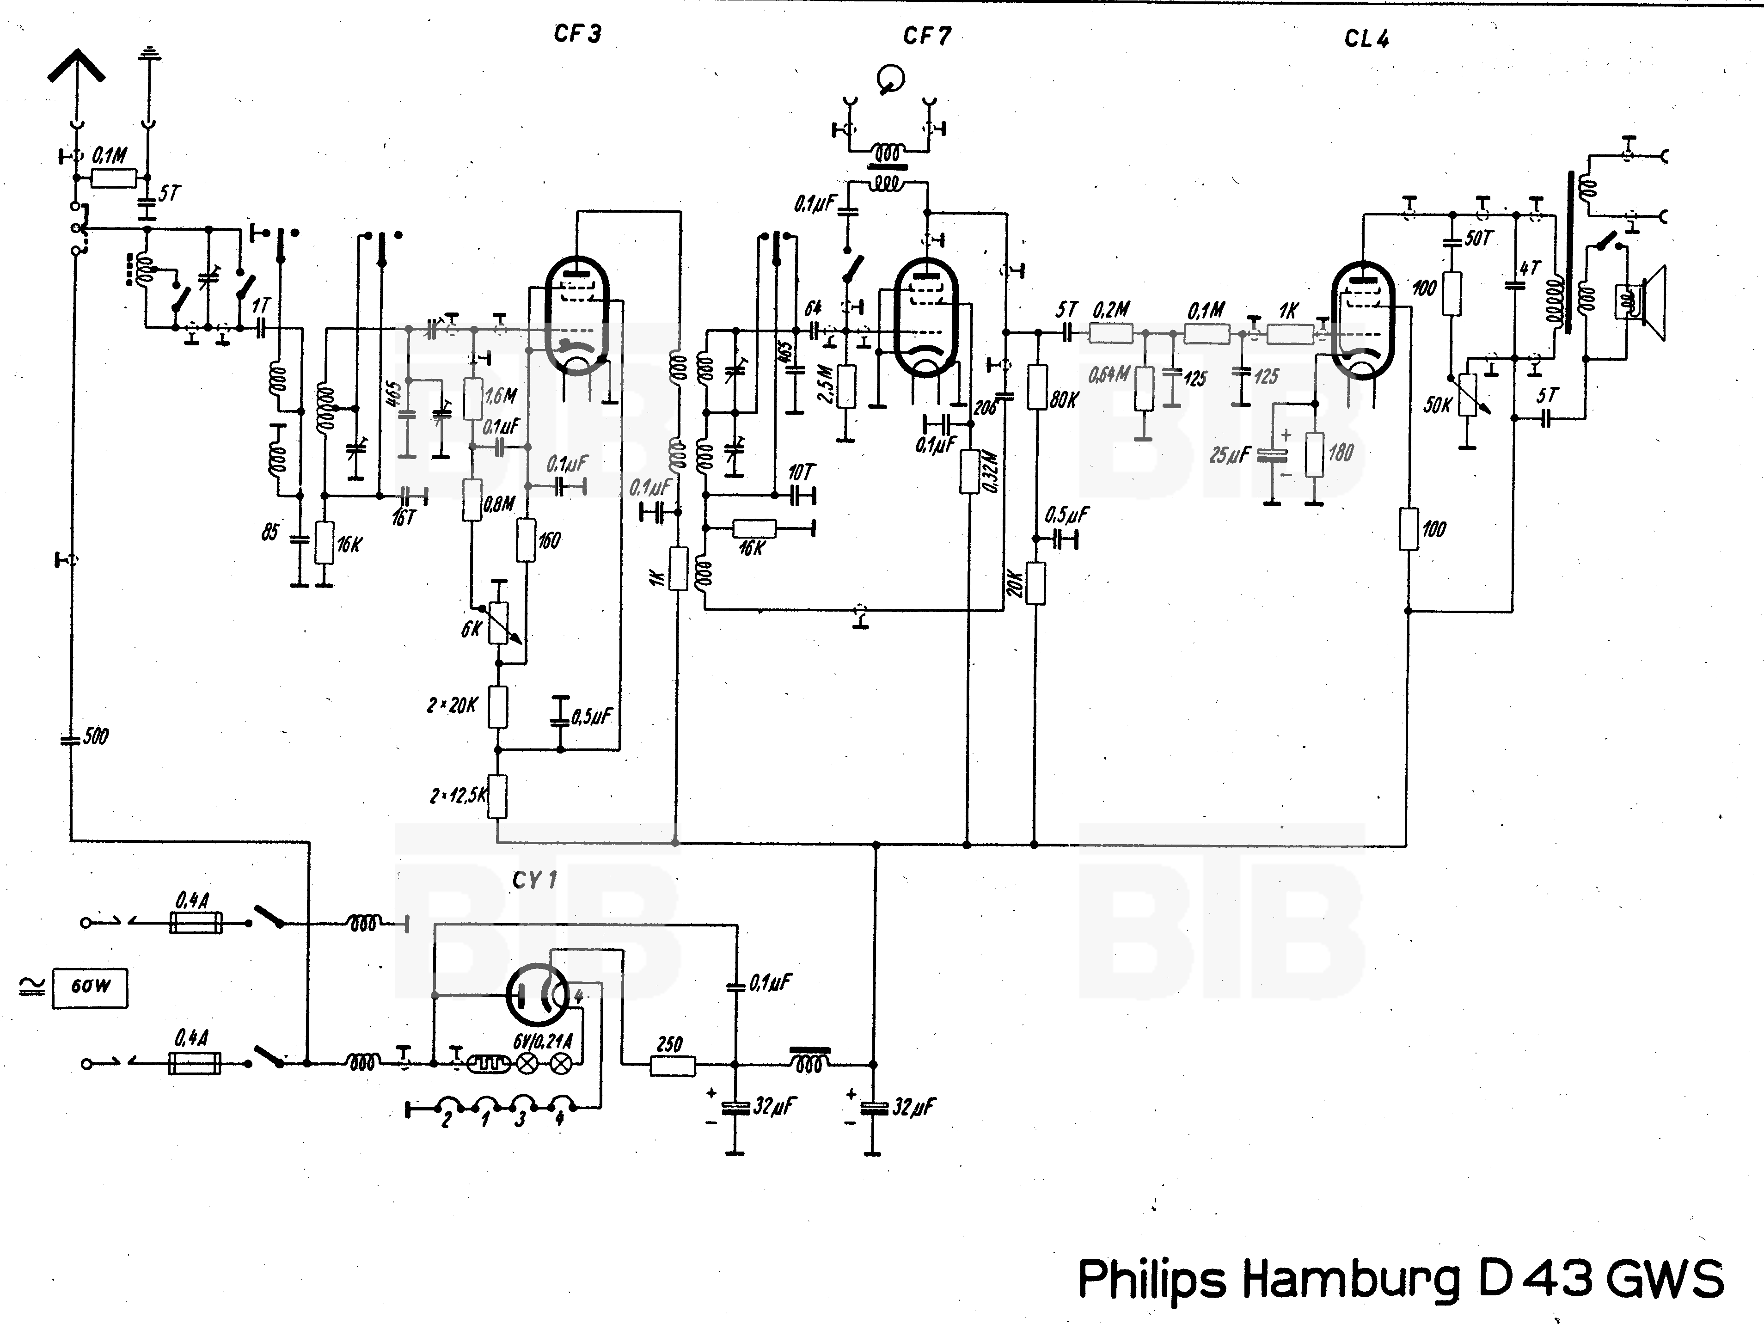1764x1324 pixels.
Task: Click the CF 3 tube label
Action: tap(577, 34)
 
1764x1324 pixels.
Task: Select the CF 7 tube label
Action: tap(927, 36)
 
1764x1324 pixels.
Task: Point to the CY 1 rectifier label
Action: tap(534, 881)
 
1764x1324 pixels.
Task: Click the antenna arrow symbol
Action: tap(76, 66)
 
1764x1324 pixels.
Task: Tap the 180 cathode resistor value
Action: tap(1341, 453)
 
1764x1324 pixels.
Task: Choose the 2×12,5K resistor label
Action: tap(457, 795)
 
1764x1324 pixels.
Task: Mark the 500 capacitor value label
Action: tap(96, 736)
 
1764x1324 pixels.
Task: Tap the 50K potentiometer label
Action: tap(1438, 405)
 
